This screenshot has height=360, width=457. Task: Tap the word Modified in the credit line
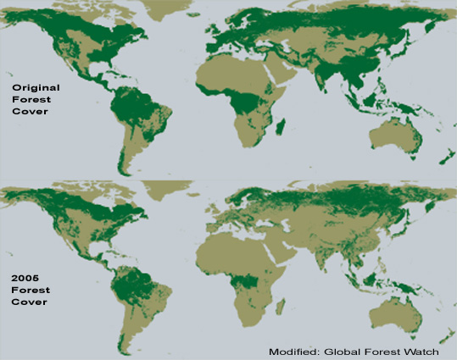tap(293, 352)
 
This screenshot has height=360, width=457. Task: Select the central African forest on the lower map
tap(246, 284)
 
